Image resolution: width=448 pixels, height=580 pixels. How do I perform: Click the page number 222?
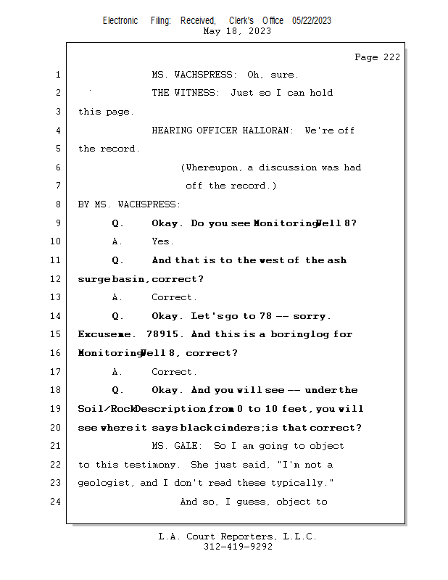point(391,57)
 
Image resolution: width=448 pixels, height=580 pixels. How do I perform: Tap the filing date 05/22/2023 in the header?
point(312,21)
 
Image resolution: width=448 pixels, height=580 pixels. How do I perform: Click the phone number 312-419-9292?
point(238,547)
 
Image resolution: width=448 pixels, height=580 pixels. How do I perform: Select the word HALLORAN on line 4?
point(265,130)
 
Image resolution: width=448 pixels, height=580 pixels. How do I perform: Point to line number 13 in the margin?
point(55,297)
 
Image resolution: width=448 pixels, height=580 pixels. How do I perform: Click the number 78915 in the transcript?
point(162,334)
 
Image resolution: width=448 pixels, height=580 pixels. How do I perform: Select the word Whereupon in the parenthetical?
point(212,167)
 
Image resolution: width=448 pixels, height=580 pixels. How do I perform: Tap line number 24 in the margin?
point(55,502)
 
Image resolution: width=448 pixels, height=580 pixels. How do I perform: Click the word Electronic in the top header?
point(120,21)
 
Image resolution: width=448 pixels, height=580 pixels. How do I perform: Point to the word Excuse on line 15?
point(95,334)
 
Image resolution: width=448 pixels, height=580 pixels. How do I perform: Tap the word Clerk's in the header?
point(241,21)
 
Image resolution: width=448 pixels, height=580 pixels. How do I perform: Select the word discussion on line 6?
point(288,167)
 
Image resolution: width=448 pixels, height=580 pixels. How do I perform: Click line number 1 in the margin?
point(58,75)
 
